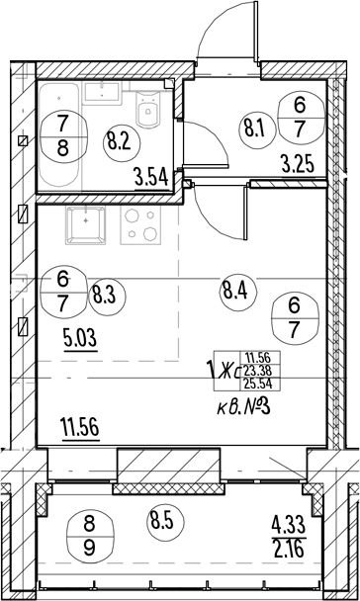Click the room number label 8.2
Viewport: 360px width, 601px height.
[122, 142]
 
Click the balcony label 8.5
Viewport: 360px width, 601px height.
[165, 522]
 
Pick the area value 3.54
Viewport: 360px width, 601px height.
[152, 178]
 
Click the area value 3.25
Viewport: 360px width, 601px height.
[298, 166]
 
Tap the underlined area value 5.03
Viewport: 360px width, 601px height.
[80, 339]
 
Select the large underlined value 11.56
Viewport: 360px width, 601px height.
[80, 427]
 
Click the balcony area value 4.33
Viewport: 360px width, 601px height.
[289, 524]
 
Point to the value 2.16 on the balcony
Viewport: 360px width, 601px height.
[289, 548]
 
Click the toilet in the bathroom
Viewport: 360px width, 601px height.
[147, 110]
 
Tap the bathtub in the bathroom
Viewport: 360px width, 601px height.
[59, 134]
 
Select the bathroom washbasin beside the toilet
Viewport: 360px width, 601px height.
[103, 93]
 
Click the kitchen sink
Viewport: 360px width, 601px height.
[85, 225]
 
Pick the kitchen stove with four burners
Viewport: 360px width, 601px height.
[139, 225]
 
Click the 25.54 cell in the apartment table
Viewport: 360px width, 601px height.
[259, 384]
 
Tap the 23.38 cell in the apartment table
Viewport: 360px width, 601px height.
[259, 371]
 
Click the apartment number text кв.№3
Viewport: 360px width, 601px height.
[243, 407]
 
